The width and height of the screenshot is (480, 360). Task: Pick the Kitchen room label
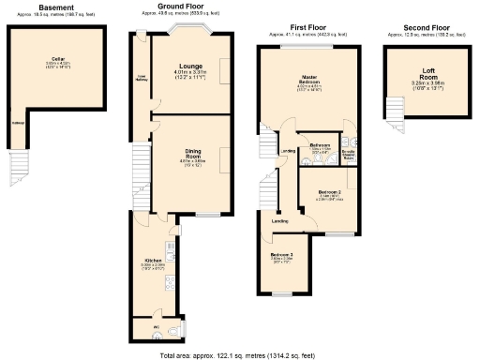coord(154,260)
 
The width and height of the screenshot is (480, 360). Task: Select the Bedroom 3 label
coord(282,256)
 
